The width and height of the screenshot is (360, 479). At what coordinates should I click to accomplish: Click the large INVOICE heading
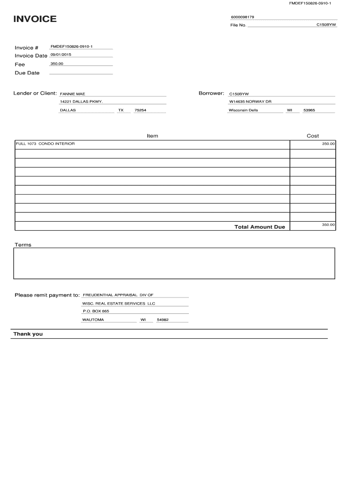tap(35, 19)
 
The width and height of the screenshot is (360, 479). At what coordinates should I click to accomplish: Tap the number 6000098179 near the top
tap(242, 17)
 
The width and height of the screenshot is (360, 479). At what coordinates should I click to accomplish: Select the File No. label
tap(238, 25)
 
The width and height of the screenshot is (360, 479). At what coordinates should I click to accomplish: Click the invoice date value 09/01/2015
tap(61, 55)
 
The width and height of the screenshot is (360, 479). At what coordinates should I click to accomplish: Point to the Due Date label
tap(27, 73)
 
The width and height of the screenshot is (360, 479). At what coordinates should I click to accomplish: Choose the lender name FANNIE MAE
tap(72, 94)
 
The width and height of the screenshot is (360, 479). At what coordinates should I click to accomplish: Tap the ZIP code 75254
tap(140, 110)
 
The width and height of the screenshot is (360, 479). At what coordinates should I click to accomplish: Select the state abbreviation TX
tap(121, 110)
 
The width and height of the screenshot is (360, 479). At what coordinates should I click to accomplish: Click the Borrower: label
tap(212, 94)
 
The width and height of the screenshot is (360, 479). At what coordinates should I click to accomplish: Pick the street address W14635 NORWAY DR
tap(250, 102)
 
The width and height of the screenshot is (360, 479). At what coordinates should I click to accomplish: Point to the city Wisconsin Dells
tap(243, 110)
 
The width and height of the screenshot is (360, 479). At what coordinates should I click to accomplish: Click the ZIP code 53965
tap(309, 110)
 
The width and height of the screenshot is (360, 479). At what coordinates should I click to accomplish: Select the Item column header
tap(152, 136)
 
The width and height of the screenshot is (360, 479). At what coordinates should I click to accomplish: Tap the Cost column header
tap(313, 136)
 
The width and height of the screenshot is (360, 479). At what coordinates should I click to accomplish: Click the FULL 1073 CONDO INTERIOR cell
tap(45, 144)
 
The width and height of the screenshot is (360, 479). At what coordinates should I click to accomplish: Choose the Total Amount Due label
tap(259, 227)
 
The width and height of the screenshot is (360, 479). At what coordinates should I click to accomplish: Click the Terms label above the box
tap(23, 245)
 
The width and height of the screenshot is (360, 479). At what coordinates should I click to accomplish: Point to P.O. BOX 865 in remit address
tap(96, 311)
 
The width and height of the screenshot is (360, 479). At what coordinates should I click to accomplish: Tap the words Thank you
tap(28, 334)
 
